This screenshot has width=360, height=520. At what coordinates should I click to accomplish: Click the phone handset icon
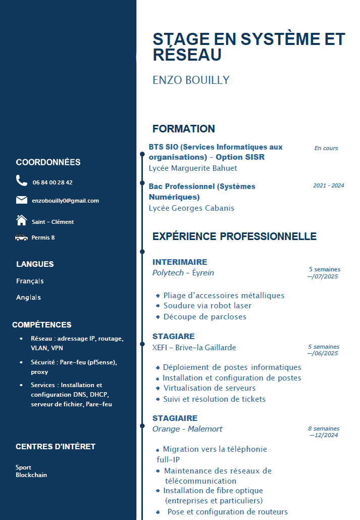[21, 180]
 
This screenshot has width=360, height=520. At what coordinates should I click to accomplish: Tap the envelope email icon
[22, 200]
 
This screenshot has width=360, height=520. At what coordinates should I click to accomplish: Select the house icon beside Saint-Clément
[21, 220]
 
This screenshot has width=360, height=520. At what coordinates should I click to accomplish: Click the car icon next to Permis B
[21, 238]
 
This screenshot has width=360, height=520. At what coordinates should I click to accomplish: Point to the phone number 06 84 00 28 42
[53, 182]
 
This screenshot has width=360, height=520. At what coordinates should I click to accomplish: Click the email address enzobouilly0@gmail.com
[65, 201]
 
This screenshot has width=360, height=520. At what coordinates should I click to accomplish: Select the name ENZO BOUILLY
[191, 80]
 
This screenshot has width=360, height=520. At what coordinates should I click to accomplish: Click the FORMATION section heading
[184, 129]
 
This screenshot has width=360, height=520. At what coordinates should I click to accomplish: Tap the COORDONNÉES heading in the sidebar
[48, 162]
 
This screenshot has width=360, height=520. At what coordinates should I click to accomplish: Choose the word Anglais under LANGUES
[28, 298]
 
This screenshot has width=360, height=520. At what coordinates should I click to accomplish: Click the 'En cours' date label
[326, 148]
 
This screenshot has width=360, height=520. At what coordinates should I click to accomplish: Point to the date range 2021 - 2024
[328, 185]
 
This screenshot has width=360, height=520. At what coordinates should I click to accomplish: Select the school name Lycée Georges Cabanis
[191, 208]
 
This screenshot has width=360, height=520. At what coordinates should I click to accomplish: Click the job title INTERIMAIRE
[180, 262]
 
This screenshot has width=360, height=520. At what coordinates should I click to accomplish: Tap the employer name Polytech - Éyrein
[183, 273]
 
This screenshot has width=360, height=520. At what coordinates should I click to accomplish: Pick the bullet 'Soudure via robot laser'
[207, 306]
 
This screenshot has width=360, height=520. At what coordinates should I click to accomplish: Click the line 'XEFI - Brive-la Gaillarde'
[194, 347]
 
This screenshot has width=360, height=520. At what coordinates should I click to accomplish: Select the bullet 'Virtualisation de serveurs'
[210, 388]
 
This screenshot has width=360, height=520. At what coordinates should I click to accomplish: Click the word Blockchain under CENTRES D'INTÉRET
[31, 475]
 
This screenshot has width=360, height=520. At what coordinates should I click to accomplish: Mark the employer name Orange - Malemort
[187, 429]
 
